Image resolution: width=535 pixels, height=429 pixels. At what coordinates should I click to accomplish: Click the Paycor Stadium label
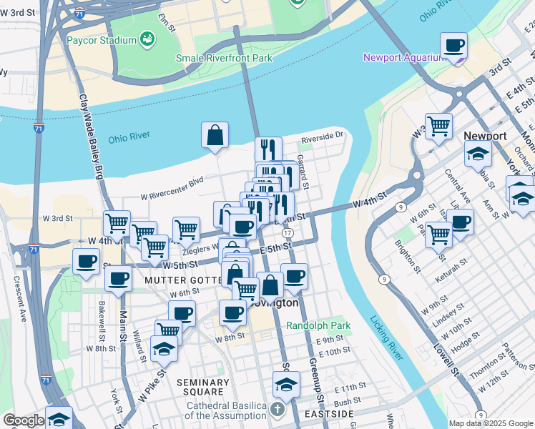click(101, 39)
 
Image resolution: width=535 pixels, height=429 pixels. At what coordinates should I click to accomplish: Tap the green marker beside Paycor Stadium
click(148, 38)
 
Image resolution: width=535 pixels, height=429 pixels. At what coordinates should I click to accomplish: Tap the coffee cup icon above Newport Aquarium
click(453, 46)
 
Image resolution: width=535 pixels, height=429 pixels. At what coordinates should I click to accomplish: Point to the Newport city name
click(484, 136)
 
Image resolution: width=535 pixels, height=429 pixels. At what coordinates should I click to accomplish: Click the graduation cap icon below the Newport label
click(477, 153)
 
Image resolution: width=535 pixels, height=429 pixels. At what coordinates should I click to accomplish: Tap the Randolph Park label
click(318, 325)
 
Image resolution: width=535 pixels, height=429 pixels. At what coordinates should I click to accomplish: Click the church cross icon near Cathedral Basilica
click(277, 410)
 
